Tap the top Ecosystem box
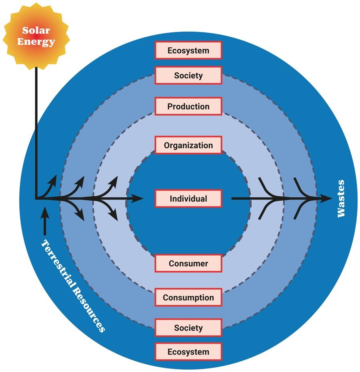pos(188,51)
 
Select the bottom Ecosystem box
pos(188,352)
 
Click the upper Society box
pos(188,76)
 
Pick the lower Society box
pos(188,328)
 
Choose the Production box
pos(188,107)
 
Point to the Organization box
pos(188,145)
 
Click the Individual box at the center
pos(188,199)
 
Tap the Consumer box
pos(188,264)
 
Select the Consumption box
pos(188,298)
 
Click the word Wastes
pos(341,199)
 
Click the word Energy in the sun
pos(36,42)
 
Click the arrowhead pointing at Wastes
pos(326,198)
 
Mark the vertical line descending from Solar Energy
pos(36,132)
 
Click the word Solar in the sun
pos(36,30)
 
